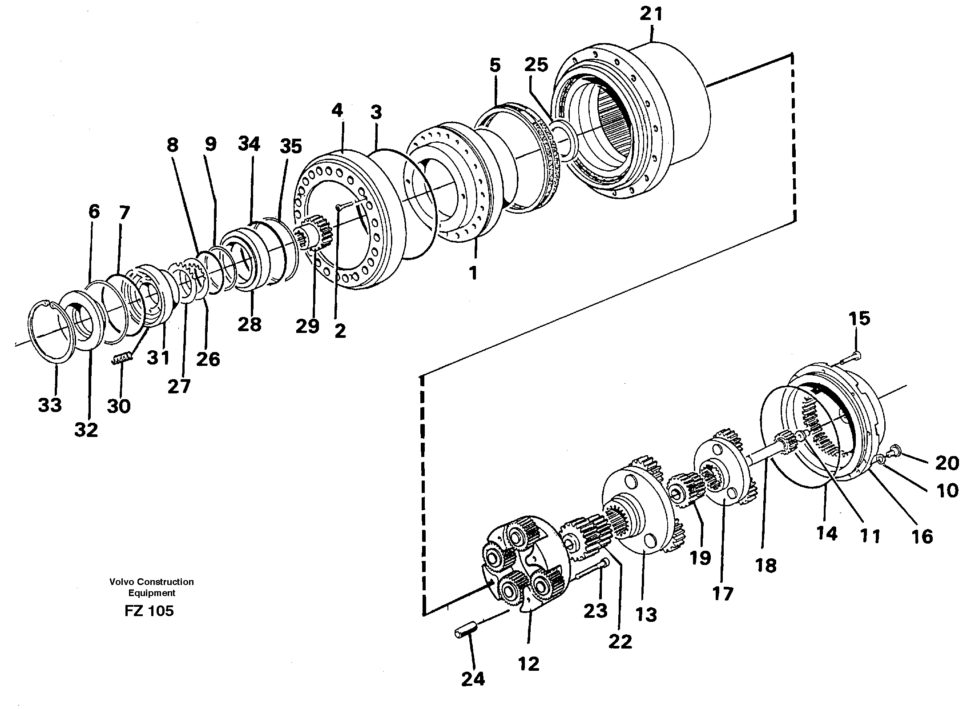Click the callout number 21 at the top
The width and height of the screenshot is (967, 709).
[651, 15]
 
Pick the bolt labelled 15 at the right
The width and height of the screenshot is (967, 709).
[845, 355]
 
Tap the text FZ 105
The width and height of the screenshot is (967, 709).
[149, 611]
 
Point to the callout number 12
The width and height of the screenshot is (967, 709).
[528, 664]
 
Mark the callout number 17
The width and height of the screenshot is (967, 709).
[722, 593]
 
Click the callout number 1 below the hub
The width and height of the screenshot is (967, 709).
[473, 272]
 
